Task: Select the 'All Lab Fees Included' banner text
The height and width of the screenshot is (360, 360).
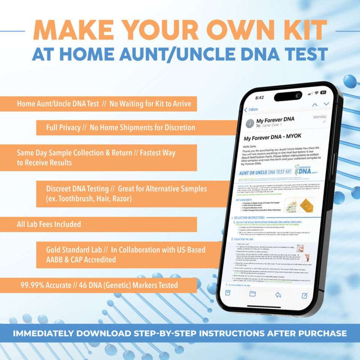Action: [x=49, y=224]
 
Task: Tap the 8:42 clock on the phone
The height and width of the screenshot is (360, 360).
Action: [x=259, y=97]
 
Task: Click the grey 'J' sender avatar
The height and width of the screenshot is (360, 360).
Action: [x=250, y=123]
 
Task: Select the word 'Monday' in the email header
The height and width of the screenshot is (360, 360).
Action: [x=320, y=117]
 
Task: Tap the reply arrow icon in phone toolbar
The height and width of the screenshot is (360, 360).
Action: [x=278, y=294]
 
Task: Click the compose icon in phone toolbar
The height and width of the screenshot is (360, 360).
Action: [x=304, y=295]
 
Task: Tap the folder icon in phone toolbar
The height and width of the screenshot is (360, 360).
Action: [x=252, y=294]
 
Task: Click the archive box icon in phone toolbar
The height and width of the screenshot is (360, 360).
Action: [x=228, y=293]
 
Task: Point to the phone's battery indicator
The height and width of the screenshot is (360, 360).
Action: [x=323, y=92]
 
